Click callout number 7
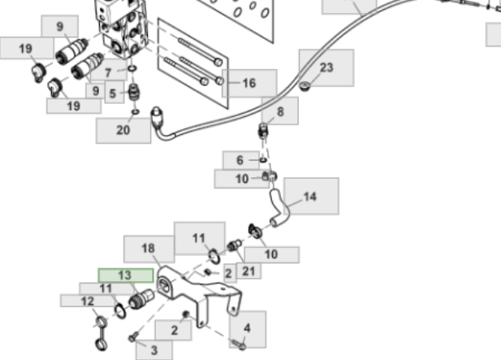tap(109, 72)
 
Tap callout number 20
tap(123, 129)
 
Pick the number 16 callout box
tap(248, 83)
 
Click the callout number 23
tap(326, 68)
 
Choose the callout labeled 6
tap(240, 160)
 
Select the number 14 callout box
tap(310, 197)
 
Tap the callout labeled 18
tap(148, 249)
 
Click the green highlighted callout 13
tap(125, 275)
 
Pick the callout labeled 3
tap(154, 349)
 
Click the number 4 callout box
tap(248, 329)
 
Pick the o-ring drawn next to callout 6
tap(263, 160)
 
